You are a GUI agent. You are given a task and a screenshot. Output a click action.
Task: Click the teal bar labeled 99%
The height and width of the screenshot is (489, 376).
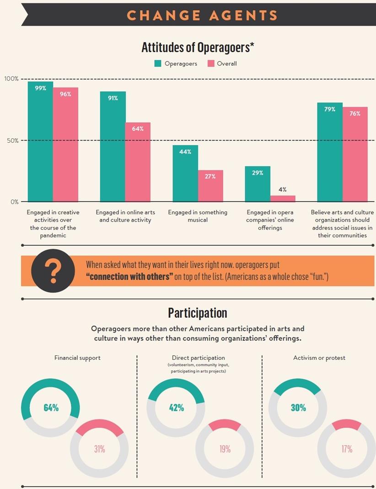pos(40,142)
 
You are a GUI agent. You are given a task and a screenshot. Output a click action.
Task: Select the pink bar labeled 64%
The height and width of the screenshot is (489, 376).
pos(138,163)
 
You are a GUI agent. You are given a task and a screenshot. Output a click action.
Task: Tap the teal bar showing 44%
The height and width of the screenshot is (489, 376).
pos(185,174)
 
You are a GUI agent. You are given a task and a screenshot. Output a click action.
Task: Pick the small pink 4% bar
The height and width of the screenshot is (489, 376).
pos(282,199)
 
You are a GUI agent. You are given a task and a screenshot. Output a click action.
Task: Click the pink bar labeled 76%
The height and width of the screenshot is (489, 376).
pos(355,155)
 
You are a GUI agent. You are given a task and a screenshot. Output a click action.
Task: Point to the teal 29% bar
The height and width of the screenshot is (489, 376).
pos(258,184)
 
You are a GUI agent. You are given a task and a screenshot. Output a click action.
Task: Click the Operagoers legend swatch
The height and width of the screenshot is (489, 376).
pos(158,64)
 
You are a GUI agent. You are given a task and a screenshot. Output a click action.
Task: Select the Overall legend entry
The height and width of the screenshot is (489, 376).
pos(222,64)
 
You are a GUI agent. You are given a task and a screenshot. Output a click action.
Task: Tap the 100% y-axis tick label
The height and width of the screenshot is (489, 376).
pos(11,79)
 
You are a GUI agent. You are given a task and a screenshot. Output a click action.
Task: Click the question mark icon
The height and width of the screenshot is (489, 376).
pos(53,270)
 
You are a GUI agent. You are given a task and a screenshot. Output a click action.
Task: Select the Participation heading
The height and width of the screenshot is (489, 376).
pos(198,313)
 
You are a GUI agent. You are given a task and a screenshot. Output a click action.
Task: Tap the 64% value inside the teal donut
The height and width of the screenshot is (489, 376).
pos(51,407)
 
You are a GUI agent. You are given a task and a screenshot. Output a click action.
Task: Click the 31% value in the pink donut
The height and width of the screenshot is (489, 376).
pos(100,449)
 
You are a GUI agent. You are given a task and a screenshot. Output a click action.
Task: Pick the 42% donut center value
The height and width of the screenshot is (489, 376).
pos(176,407)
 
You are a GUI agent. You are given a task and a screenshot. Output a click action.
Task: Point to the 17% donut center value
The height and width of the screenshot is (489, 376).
pos(346,449)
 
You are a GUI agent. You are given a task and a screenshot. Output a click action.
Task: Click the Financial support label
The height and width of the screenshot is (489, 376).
pos(77,358)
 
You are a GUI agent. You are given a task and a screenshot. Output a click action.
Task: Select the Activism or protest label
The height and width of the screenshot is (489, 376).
pos(319,358)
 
